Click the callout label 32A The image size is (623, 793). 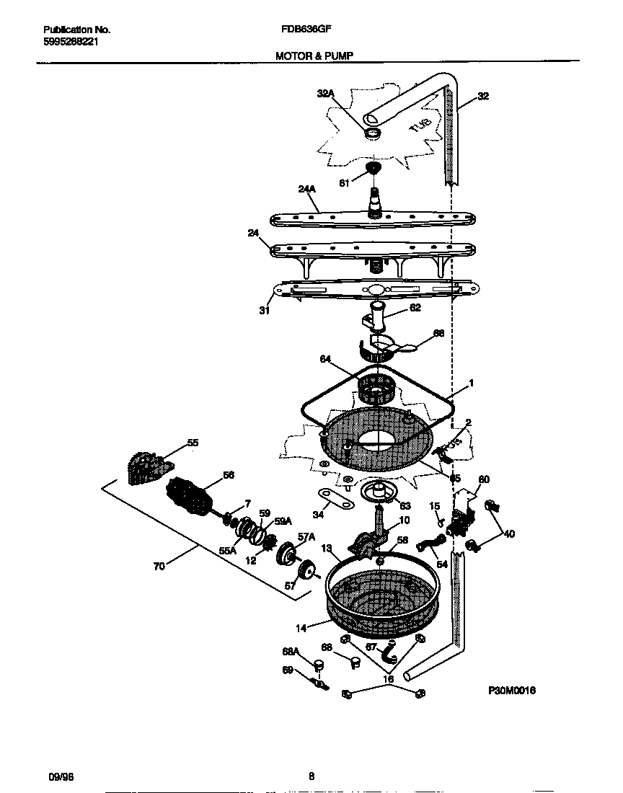326,94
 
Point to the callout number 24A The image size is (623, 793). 306,190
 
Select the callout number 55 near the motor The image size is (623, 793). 193,443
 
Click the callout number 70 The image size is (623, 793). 159,566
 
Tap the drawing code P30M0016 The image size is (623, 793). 511,690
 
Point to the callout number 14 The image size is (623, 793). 301,628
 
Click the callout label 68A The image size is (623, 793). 291,652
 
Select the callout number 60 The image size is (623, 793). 484,479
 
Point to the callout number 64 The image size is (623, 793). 325,358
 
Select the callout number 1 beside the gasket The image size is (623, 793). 472,384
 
